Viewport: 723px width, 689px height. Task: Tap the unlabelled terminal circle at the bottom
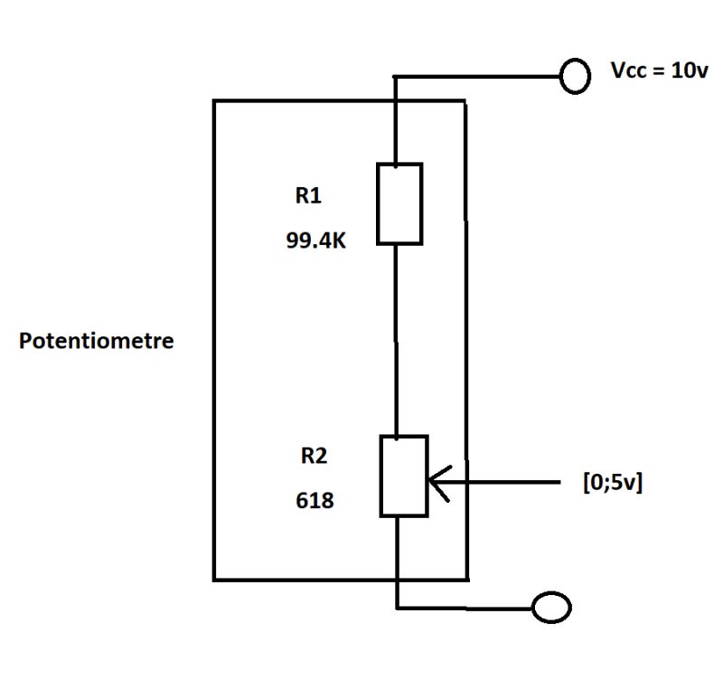pyautogui.click(x=551, y=608)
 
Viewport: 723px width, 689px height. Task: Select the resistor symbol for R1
pyautogui.click(x=399, y=203)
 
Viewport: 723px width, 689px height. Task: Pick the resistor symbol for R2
pyautogui.click(x=403, y=477)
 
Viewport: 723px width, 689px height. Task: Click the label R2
pyautogui.click(x=313, y=457)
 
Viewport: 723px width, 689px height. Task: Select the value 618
pyautogui.click(x=315, y=499)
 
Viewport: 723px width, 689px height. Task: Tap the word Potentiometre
pyautogui.click(x=97, y=343)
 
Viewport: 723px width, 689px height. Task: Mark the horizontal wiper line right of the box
pyautogui.click(x=515, y=483)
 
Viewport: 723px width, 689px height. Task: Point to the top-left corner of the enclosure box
pyautogui.click(x=215, y=101)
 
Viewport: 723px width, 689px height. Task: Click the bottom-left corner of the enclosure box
pyautogui.click(x=215, y=578)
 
